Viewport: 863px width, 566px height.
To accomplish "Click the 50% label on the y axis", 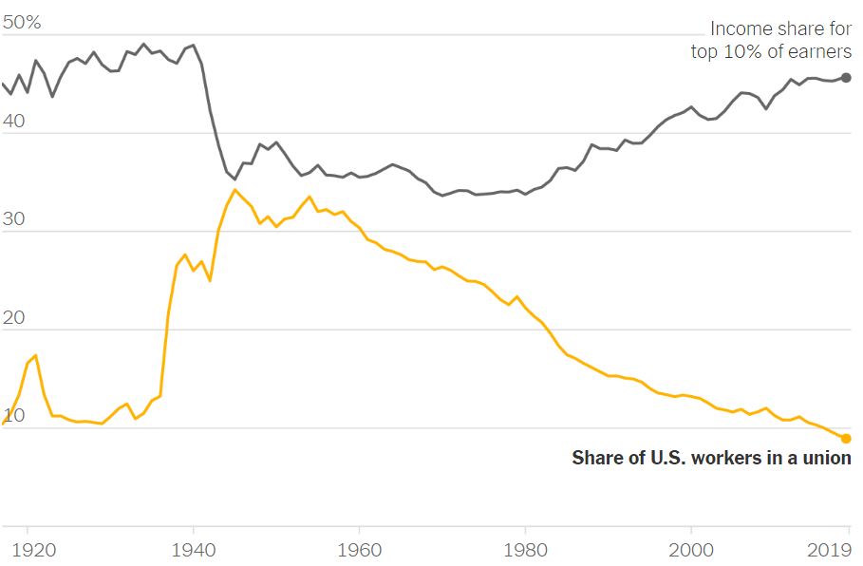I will tap(21, 23).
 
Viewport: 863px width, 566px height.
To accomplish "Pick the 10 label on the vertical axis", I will tap(15, 417).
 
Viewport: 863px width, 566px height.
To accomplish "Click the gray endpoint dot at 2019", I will tap(846, 78).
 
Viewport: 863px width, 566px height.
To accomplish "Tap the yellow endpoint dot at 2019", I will tap(846, 438).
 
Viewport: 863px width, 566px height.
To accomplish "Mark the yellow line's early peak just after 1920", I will tap(35, 355).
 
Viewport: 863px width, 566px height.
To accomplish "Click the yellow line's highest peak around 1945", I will tap(235, 190).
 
